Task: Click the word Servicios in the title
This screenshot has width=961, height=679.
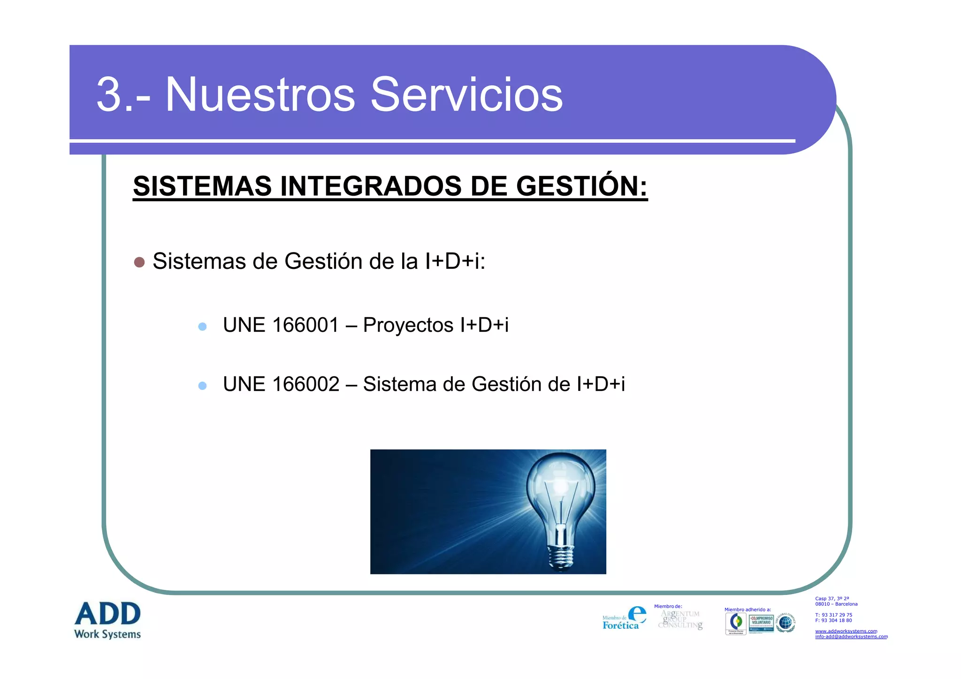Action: pos(466,95)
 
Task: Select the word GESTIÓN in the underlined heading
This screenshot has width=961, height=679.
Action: pos(581,186)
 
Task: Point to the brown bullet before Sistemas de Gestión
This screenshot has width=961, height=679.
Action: pos(139,262)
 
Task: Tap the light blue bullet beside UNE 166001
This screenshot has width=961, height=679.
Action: pos(202,327)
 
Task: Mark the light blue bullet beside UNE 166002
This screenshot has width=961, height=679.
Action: pos(202,386)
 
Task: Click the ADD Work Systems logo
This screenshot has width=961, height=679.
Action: pos(107,620)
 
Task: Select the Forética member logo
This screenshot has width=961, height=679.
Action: pos(624,618)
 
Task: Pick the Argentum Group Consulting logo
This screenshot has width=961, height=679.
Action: pos(680,619)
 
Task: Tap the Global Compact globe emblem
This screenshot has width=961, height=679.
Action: pos(786,623)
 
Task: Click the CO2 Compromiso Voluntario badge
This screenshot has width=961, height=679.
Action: pos(761,623)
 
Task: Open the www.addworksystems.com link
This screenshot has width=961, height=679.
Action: pos(846,631)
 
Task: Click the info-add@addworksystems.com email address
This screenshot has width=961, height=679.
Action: pos(851,637)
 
